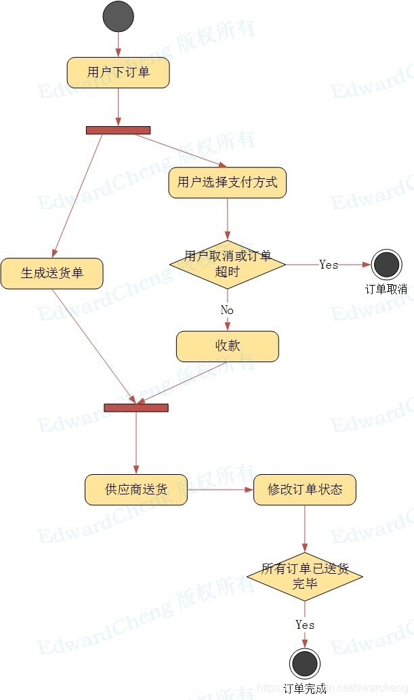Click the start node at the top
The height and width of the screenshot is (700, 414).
(118, 16)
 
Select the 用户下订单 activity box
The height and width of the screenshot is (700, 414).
(118, 73)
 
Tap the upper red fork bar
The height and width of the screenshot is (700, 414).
(118, 130)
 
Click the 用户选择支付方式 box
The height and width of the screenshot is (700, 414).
(227, 182)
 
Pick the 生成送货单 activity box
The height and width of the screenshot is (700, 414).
(51, 273)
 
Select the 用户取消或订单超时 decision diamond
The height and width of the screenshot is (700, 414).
(227, 265)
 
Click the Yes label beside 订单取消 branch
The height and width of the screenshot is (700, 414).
(329, 265)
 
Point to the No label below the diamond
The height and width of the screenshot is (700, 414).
(227, 309)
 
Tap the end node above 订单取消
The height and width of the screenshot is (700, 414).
(386, 265)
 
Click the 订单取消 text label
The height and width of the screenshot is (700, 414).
(386, 289)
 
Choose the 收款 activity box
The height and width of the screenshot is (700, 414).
(227, 346)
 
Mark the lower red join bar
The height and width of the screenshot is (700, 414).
(136, 408)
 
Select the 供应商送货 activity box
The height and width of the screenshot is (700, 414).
(136, 490)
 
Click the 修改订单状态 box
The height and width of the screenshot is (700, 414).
(304, 490)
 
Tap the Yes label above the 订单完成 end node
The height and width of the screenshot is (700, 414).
(304, 625)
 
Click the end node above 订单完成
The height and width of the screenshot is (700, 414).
(304, 663)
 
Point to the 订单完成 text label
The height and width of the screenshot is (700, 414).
(304, 688)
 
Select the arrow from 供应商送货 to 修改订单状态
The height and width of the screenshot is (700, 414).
(220, 490)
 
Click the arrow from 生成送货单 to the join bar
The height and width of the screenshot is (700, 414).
(95, 346)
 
